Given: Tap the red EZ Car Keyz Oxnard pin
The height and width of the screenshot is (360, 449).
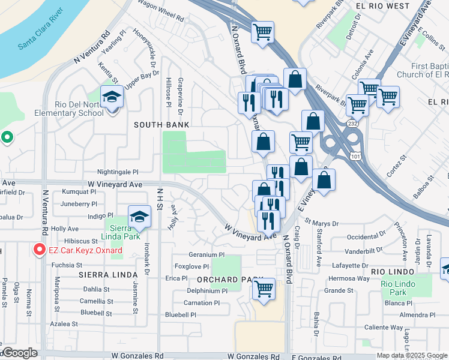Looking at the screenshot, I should click(40, 249).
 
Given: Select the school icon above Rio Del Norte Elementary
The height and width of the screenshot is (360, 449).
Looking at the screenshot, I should click(112, 96).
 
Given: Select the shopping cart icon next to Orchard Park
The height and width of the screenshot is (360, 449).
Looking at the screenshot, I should click(264, 289).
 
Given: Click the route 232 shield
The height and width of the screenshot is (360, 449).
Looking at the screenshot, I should click(352, 123).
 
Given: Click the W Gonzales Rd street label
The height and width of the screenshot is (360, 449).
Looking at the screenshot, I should click(137, 355).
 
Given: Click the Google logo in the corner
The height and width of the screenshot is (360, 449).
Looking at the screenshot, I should click(20, 353).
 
